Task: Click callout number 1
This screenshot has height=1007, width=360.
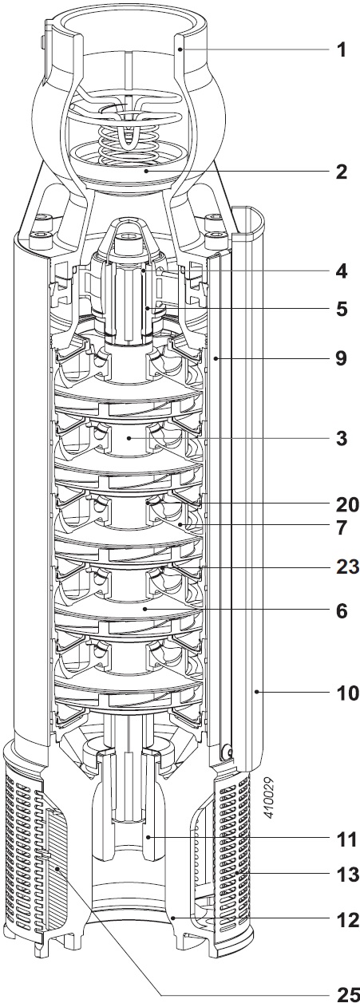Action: pos(342,50)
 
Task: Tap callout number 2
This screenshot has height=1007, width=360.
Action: pos(342,172)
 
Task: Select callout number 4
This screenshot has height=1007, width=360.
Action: pos(342,271)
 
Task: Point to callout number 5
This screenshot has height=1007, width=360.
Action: pos(342,309)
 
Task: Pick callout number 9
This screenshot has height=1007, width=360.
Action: pos(342,358)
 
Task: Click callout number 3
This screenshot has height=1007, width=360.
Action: pos(342,438)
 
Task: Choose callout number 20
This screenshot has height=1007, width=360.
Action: pos(346,505)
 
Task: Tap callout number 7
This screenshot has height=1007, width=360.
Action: pos(342,528)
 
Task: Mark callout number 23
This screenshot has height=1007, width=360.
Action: pos(346,567)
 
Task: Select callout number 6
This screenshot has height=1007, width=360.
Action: pos(342,610)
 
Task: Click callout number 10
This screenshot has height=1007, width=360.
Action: pos(346,693)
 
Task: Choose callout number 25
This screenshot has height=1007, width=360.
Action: pos(346,994)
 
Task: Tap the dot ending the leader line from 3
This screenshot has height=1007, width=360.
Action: pos(129,437)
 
